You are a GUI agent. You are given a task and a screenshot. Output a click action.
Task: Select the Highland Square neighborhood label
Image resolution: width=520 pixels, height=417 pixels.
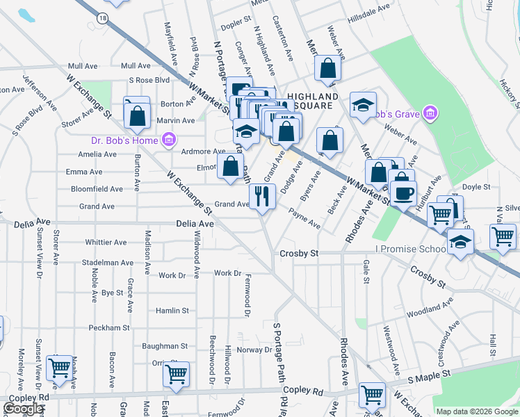point(312,101)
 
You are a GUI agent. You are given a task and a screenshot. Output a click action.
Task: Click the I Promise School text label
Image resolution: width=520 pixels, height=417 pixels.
point(410,249)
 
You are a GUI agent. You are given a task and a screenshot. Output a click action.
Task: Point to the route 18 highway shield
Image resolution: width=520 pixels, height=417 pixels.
point(103,19)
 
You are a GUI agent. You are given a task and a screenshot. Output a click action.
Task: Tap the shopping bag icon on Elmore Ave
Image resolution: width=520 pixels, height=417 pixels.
point(230,166)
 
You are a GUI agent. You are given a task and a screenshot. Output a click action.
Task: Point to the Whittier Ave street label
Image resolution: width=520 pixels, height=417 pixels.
point(106,243)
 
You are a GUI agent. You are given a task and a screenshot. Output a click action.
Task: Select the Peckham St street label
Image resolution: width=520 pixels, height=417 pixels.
point(109,327)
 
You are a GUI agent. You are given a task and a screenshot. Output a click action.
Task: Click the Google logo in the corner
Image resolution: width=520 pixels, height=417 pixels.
point(23,409)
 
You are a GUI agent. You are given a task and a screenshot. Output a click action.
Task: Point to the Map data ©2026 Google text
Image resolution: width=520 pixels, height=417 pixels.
point(476,411)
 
